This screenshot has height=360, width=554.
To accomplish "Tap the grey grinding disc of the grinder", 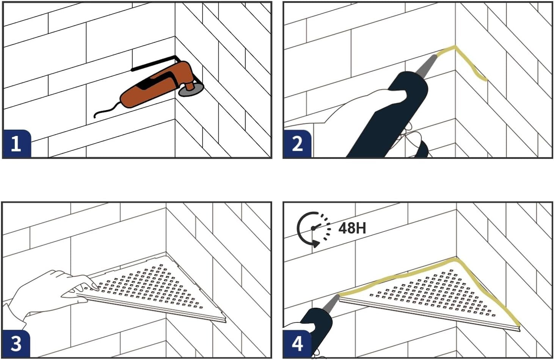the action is (x=191, y=89).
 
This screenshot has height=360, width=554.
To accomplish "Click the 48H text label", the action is (x=352, y=228).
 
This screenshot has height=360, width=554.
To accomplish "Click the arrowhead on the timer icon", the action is (x=316, y=244).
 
